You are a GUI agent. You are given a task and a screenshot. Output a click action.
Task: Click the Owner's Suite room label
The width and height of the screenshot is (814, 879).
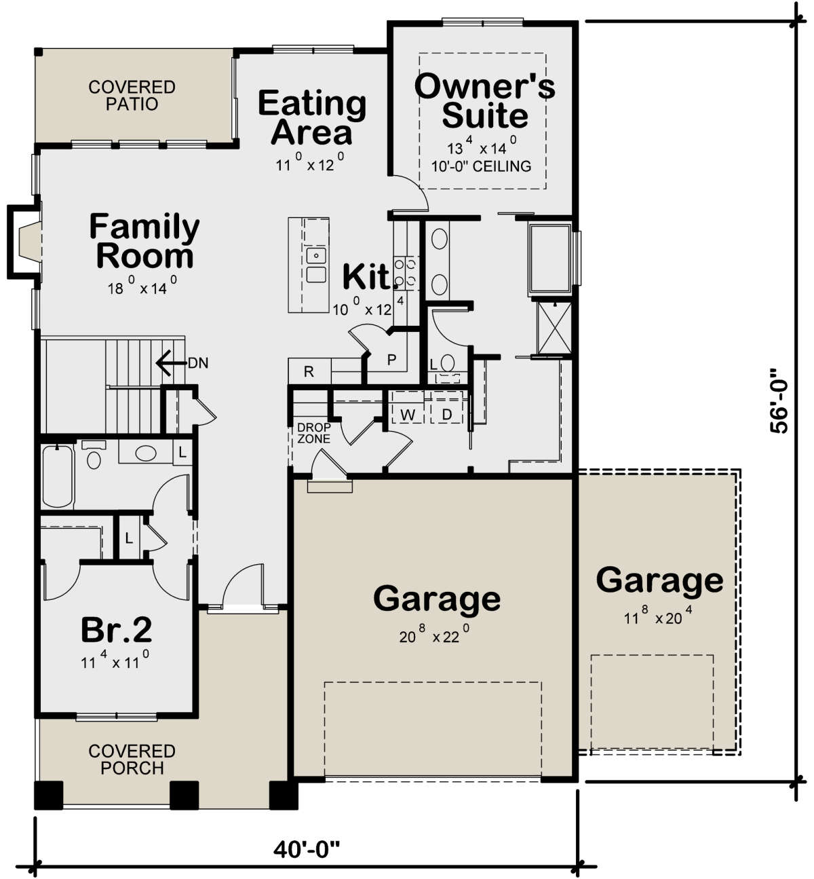484,101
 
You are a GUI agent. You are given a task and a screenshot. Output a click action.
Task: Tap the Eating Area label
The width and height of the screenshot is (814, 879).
312,117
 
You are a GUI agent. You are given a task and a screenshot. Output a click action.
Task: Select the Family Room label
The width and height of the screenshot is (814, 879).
144,240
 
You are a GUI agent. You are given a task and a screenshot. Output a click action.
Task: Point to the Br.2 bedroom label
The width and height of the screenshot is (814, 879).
117,631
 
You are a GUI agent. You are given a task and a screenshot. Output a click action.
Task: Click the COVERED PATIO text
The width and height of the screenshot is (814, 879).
132,96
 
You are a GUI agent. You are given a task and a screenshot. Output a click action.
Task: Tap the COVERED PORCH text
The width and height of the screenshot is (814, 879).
132,760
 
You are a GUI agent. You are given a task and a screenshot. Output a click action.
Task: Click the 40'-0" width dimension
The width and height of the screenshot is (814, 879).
307,850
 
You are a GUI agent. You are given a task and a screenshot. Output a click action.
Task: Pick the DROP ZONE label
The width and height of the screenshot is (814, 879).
313,433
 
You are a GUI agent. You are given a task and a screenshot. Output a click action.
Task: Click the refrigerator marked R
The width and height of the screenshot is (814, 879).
309,371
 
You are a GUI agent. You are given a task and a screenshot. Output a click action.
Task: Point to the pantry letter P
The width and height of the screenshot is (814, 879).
391,360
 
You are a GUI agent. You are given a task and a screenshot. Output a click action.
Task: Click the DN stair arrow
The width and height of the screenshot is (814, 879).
171,363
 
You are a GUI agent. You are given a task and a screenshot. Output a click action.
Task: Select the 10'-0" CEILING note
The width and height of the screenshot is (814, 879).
482,166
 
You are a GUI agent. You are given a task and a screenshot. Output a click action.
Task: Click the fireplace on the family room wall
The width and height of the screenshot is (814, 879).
25,242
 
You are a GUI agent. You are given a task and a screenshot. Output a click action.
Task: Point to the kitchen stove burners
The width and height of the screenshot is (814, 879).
406,273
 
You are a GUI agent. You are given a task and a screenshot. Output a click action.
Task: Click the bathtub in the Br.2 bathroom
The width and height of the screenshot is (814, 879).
58,476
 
